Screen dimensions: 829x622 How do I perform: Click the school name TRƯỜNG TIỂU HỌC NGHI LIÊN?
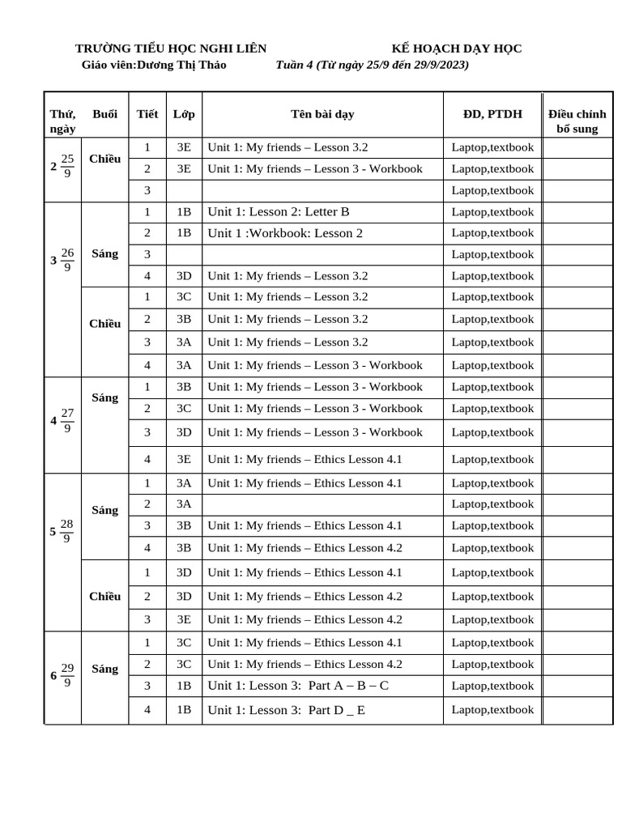(x=171, y=49)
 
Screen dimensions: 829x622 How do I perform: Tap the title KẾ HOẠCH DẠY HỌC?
(x=457, y=49)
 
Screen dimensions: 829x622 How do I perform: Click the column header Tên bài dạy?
(x=322, y=114)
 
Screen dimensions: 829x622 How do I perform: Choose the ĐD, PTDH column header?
(x=492, y=114)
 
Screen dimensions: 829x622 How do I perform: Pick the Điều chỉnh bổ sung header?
(x=577, y=121)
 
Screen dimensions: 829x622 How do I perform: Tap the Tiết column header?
(x=147, y=114)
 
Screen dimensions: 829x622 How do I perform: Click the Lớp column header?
(x=184, y=114)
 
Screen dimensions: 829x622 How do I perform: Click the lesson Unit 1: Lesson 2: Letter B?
(x=279, y=212)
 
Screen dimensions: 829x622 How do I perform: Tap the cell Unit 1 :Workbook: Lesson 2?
(x=285, y=233)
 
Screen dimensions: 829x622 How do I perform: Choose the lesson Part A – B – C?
(x=298, y=686)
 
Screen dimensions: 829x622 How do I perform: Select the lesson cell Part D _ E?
(x=286, y=710)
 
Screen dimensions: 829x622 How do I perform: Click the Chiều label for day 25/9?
(x=105, y=159)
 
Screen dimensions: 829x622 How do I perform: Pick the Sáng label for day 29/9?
(x=105, y=669)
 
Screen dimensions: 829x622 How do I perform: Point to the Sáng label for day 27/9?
(x=105, y=397)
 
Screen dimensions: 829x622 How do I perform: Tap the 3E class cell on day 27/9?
(x=184, y=459)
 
